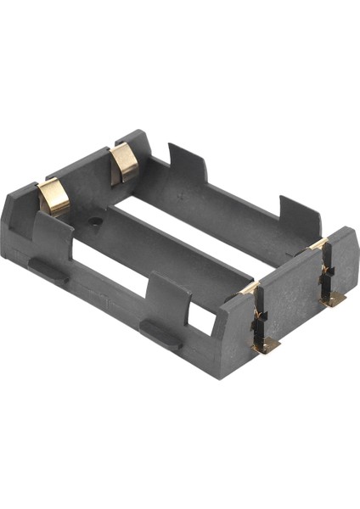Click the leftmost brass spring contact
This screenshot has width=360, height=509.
pyautogui.click(x=54, y=198)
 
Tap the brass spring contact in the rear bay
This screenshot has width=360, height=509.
pyautogui.click(x=125, y=164)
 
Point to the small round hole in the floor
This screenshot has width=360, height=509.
pyautogui.click(x=96, y=221)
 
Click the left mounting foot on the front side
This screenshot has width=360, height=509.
pyautogui.click(x=48, y=271)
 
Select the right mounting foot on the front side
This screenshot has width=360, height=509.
pyautogui.click(x=159, y=333)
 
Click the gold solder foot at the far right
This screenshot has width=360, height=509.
pyautogui.click(x=333, y=299)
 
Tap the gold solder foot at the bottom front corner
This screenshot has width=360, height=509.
pyautogui.click(x=266, y=344)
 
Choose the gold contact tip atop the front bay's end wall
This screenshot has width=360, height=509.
pyautogui.click(x=250, y=288)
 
